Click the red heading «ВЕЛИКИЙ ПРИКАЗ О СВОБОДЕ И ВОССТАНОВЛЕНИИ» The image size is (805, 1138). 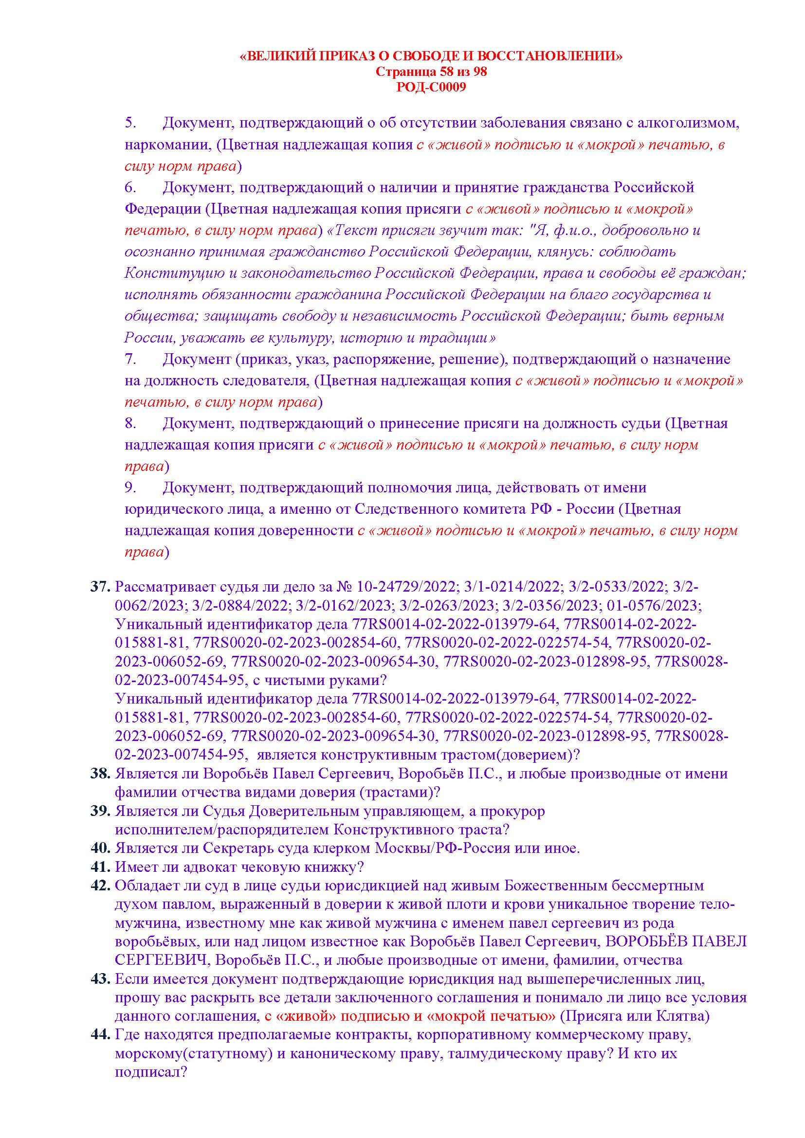pos(431,56)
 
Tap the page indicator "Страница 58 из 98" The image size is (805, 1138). pos(431,72)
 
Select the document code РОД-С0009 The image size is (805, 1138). pos(431,87)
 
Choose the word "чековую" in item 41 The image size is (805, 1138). pos(252,867)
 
